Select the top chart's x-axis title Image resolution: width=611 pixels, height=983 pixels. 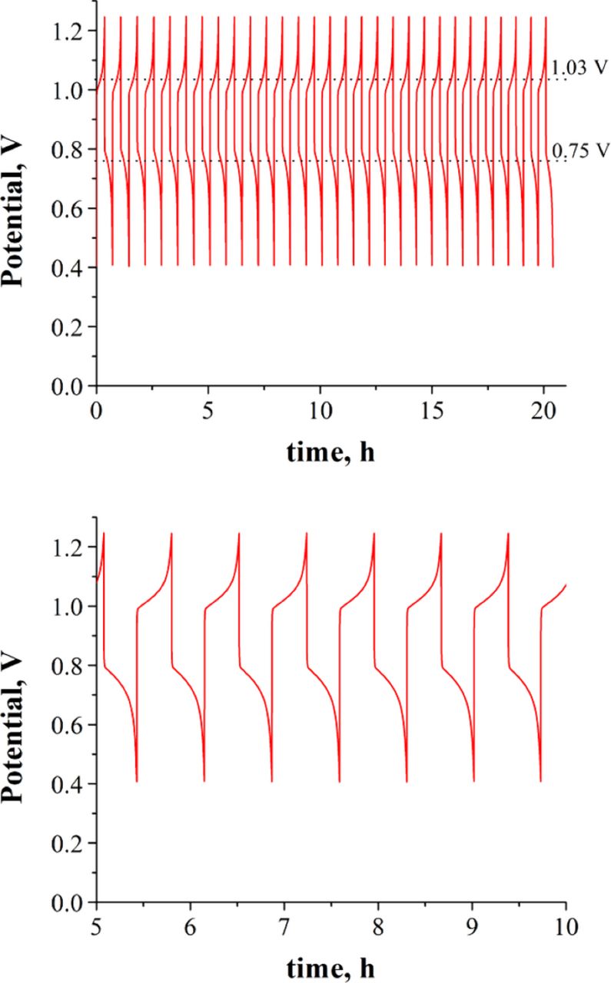330,454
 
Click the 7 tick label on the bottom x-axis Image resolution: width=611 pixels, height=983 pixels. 284,920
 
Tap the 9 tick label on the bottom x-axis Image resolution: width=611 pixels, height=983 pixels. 473,920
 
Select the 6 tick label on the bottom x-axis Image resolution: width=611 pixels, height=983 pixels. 190,920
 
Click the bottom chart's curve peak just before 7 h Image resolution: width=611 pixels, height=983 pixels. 239,534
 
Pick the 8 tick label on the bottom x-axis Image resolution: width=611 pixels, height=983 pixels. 378,920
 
